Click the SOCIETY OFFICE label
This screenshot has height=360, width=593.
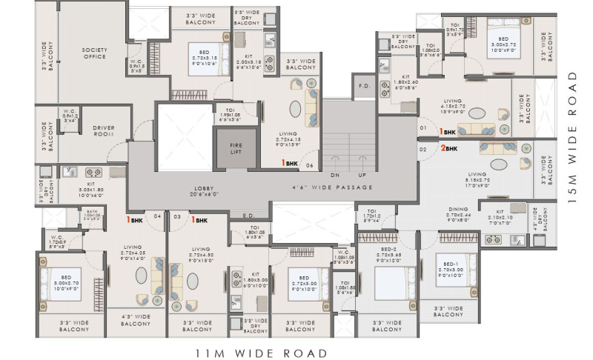click(94, 53)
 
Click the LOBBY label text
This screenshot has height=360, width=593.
click(205, 190)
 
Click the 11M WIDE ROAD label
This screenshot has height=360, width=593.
click(260, 353)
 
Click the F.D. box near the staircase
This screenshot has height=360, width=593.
click(363, 86)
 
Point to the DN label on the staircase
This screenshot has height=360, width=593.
click(334, 175)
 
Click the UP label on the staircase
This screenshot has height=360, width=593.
click(362, 175)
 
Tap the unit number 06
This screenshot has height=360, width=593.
click(310, 165)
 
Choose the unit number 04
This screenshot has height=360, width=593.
click(157, 217)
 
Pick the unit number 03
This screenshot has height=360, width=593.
click(176, 217)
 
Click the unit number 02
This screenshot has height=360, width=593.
click(423, 149)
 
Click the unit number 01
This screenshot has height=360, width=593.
click(423, 128)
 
